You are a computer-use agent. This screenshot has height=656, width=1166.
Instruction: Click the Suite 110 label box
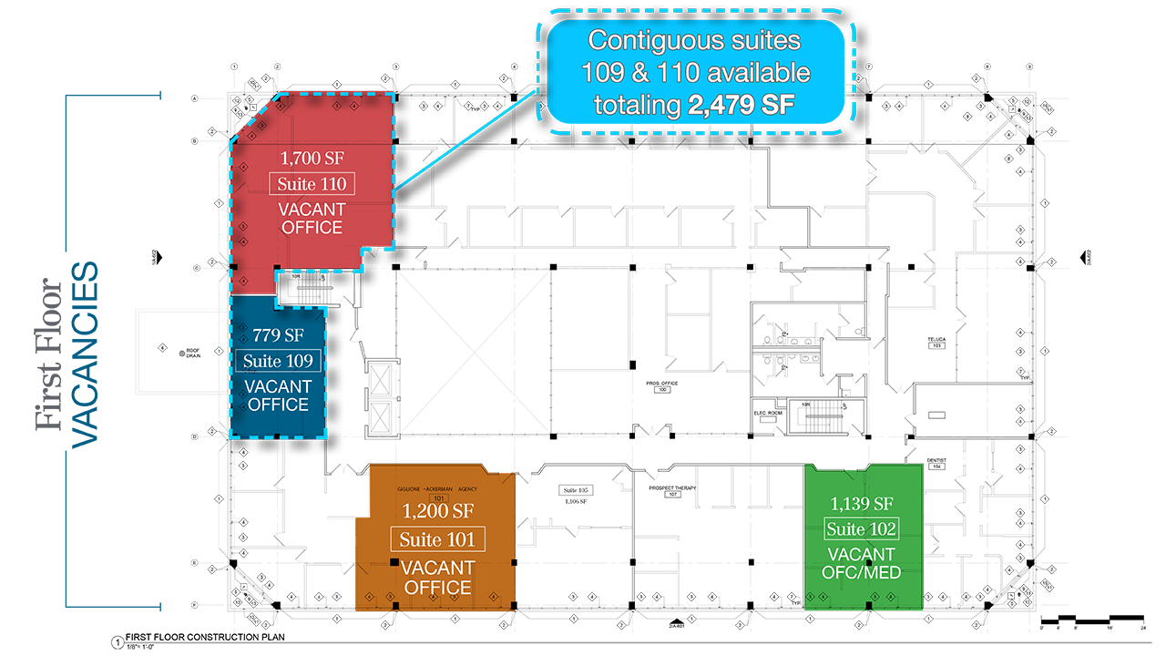tap(312, 184)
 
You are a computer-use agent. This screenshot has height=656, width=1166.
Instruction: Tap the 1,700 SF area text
tap(312, 159)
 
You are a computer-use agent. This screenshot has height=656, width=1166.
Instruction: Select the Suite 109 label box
tap(278, 361)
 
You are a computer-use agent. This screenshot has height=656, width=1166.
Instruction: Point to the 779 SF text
tap(278, 334)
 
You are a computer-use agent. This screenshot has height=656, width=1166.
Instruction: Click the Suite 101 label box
tap(437, 539)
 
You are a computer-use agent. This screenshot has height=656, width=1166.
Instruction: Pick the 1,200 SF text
tap(437, 513)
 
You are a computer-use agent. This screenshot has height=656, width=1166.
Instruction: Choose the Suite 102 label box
tap(862, 529)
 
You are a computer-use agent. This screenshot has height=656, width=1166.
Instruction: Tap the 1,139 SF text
tap(862, 503)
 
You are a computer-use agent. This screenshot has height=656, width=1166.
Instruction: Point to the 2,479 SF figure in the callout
tap(742, 106)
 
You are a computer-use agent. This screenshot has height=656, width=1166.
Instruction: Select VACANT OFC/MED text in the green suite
tap(862, 563)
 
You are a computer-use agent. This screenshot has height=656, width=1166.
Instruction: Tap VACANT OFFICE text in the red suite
tap(312, 219)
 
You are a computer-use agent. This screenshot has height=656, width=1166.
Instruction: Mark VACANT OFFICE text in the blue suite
tap(278, 395)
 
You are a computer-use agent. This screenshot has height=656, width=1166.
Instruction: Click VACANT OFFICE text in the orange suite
tap(437, 578)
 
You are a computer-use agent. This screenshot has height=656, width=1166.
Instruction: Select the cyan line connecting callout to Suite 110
tap(465, 146)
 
